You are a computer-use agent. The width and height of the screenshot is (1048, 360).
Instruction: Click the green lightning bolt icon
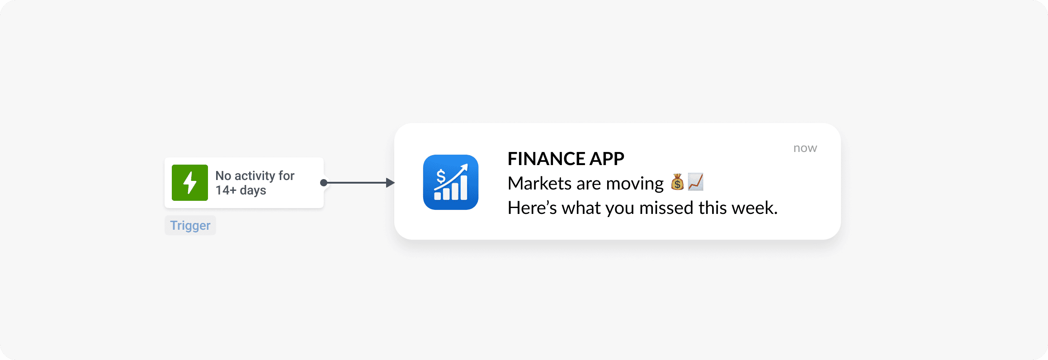click(x=190, y=183)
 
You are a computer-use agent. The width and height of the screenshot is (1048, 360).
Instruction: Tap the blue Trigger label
click(x=190, y=225)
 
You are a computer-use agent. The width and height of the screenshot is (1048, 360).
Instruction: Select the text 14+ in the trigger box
click(x=226, y=190)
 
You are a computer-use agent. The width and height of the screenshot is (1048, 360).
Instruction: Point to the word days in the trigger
click(x=253, y=190)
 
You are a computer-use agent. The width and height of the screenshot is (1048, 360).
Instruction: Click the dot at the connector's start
click(x=324, y=183)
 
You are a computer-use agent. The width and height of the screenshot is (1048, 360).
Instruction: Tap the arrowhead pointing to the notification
click(x=390, y=183)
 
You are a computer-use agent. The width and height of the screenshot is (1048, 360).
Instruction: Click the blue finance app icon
click(x=451, y=182)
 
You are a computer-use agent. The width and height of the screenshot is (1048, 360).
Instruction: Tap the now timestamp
click(x=805, y=148)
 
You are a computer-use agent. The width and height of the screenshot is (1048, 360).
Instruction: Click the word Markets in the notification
click(x=539, y=184)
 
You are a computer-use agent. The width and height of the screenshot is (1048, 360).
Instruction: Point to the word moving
click(x=635, y=184)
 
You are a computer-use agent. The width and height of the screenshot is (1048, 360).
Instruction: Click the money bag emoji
click(x=677, y=182)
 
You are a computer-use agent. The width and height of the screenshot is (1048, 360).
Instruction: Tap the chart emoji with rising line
click(x=696, y=182)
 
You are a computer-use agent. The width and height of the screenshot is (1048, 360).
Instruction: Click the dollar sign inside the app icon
click(x=441, y=175)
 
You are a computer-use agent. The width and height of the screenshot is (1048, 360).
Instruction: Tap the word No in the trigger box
click(x=223, y=175)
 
